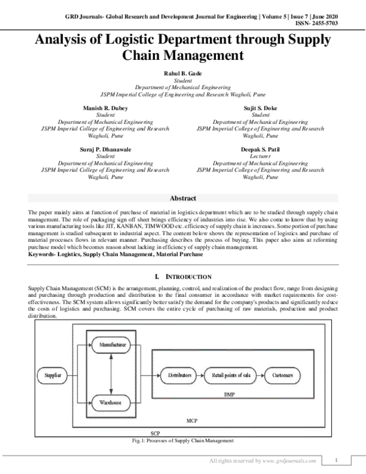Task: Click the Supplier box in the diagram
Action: click(53, 374)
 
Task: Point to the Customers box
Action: click(282, 374)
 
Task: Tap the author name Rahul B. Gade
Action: click(182, 73)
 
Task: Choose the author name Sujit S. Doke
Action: click(260, 108)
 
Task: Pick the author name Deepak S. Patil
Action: click(260, 148)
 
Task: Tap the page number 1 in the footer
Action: click(337, 459)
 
